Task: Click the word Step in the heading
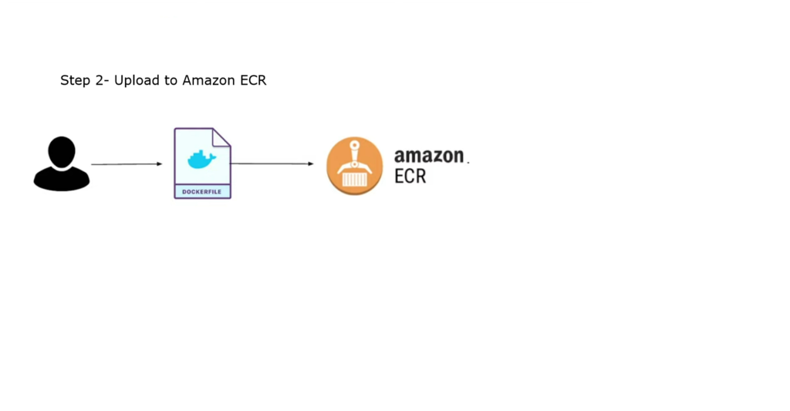(x=76, y=81)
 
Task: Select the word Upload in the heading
(x=137, y=81)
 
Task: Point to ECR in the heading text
(x=252, y=81)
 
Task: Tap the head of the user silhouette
(x=62, y=150)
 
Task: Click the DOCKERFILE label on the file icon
(x=202, y=191)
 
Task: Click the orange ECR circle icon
(x=354, y=165)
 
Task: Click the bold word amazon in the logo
(x=429, y=157)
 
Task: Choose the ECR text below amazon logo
(x=410, y=177)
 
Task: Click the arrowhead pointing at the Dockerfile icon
(x=160, y=164)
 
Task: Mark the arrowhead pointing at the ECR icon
(x=311, y=163)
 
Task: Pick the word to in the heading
(x=170, y=81)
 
